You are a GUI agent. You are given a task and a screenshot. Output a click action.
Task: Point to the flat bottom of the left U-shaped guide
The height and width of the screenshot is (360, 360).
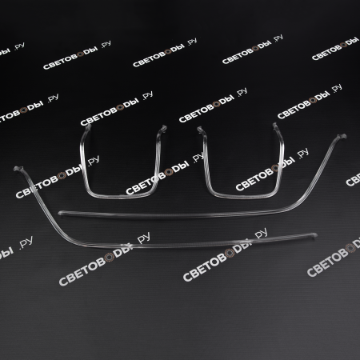[x=122, y=197]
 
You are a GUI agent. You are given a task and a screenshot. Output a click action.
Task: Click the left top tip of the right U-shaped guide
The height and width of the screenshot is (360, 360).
[x=200, y=130]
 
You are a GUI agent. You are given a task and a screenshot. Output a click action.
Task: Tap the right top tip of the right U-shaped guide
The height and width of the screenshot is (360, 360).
[x=275, y=126]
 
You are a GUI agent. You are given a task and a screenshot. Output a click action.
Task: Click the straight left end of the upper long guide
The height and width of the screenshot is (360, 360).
[x=61, y=213]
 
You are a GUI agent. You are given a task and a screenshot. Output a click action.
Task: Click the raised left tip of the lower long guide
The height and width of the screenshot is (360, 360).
[x=18, y=169]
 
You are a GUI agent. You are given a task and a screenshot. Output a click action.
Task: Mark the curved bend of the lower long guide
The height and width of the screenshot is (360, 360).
[x=69, y=238]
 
